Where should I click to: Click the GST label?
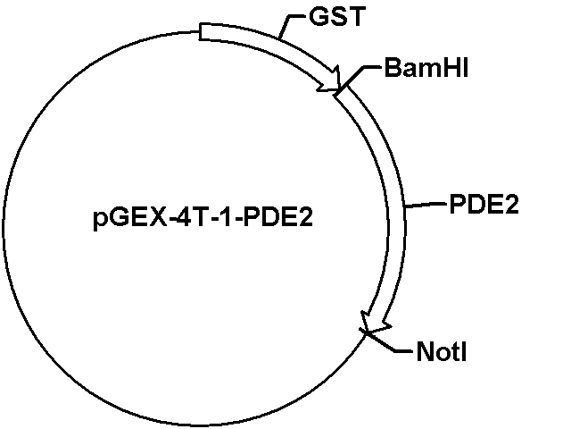[337, 16]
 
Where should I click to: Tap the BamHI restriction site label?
[426, 68]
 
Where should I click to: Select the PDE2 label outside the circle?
[484, 204]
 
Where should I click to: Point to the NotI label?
[442, 351]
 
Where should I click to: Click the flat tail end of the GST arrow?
[200, 32]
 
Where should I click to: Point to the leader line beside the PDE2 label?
[426, 205]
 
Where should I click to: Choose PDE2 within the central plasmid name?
[277, 218]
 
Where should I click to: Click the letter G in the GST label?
[318, 16]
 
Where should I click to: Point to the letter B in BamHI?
[393, 68]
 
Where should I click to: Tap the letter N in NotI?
[425, 351]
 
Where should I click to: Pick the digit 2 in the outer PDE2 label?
[511, 204]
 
